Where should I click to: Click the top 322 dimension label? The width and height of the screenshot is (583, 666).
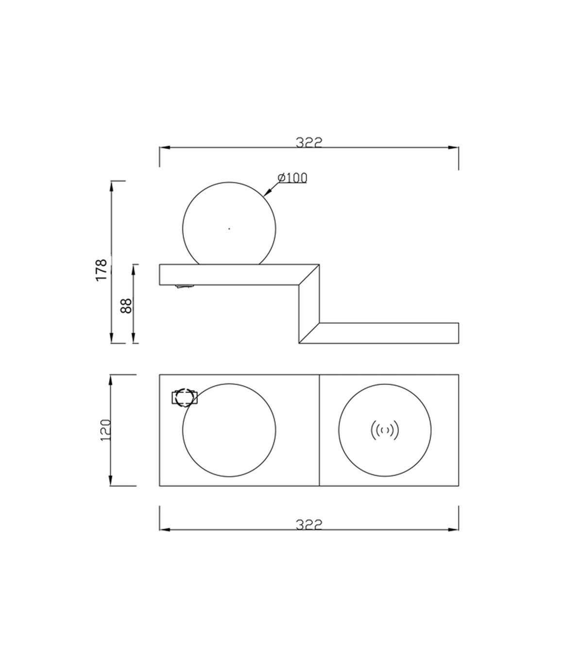(x=309, y=142)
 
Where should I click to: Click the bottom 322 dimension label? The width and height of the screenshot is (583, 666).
(x=309, y=524)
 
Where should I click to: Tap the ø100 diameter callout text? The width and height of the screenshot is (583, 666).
(x=292, y=178)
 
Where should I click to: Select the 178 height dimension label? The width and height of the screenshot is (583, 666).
(x=102, y=269)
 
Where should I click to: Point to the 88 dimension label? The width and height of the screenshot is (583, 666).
(x=126, y=306)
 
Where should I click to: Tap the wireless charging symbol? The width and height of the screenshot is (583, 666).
(x=385, y=431)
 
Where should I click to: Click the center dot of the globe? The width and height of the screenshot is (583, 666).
(x=229, y=229)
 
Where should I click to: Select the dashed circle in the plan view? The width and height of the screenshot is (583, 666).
(x=184, y=398)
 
